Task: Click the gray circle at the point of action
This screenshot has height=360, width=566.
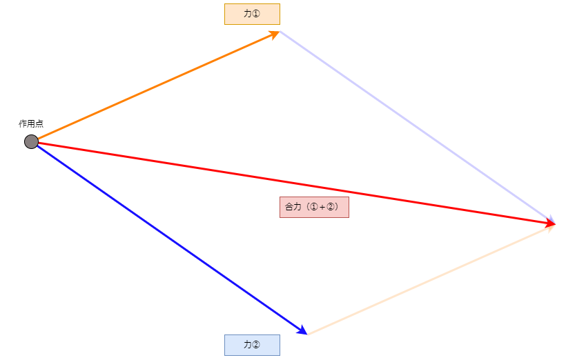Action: [x=31, y=142]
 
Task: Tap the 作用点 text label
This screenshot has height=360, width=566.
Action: [x=31, y=123]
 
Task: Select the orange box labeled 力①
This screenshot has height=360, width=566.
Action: [x=252, y=14]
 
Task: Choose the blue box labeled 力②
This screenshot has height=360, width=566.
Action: [x=252, y=346]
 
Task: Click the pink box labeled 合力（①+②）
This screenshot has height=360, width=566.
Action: [x=314, y=207]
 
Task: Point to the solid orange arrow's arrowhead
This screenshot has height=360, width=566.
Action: [x=275, y=34]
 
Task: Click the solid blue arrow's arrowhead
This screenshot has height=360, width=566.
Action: [x=302, y=330]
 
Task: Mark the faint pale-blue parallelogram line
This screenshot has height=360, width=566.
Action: [x=417, y=126]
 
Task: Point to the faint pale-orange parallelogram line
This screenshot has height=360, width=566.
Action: [x=431, y=280]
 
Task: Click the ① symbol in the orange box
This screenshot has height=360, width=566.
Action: [x=256, y=14]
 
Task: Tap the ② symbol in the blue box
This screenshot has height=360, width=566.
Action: [x=256, y=345]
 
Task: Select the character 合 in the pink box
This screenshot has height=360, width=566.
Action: [x=289, y=207]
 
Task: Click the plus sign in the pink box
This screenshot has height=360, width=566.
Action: [x=322, y=207]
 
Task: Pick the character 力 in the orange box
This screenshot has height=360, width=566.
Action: [x=248, y=14]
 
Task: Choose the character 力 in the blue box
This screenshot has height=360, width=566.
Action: [x=248, y=345]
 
